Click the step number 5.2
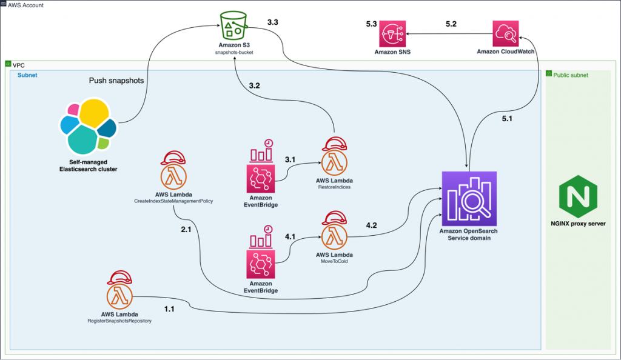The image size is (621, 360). coord(452,24)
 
